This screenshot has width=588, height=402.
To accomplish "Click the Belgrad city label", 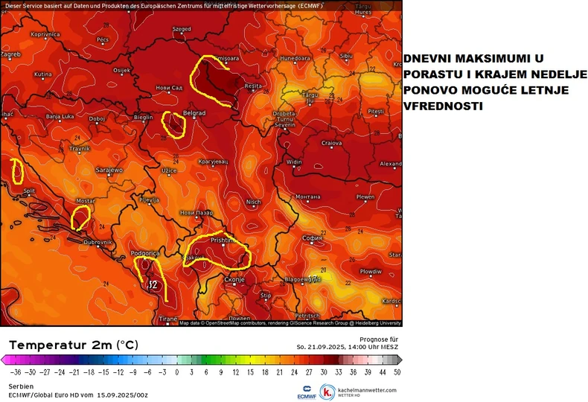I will point(194,113).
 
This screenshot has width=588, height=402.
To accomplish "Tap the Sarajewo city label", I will point(109,170).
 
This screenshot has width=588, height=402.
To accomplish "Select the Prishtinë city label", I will point(222,241).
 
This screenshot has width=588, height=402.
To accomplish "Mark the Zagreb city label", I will point(10,54).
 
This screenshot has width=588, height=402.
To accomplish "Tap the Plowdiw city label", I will point(370,272).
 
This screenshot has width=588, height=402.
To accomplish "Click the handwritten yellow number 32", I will point(153,284).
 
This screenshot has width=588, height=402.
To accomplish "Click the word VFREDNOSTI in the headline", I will point(442,106).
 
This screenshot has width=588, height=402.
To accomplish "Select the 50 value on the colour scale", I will point(397,371).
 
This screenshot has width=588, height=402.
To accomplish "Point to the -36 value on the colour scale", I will point(11,371).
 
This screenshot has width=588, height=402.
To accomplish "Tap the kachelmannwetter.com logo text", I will point(365,389).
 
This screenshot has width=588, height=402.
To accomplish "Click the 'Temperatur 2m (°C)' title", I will point(73,345).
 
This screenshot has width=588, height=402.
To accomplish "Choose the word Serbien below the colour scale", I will point(20,386).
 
